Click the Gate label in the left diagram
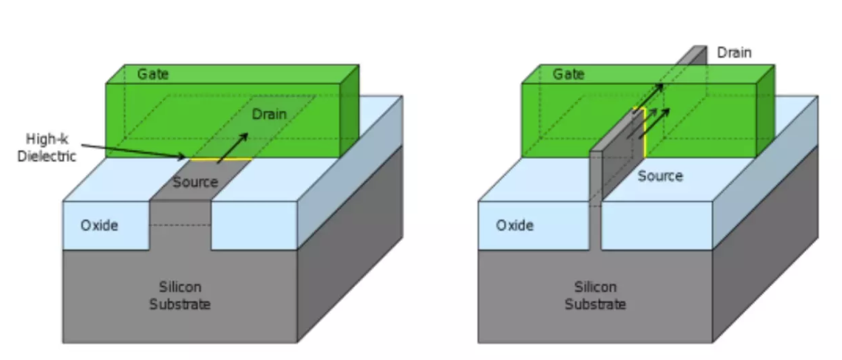(153, 74)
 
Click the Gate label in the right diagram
(568, 74)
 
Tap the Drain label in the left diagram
(270, 114)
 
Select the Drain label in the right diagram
(735, 52)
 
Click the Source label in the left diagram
(195, 182)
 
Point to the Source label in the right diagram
(660, 176)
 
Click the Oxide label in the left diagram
(99, 225)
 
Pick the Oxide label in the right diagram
(515, 225)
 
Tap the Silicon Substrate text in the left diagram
(180, 296)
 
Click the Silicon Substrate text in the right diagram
(596, 296)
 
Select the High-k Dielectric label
(47, 148)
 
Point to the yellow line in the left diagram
(221, 159)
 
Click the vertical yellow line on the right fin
(644, 133)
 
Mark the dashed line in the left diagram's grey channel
(180, 225)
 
